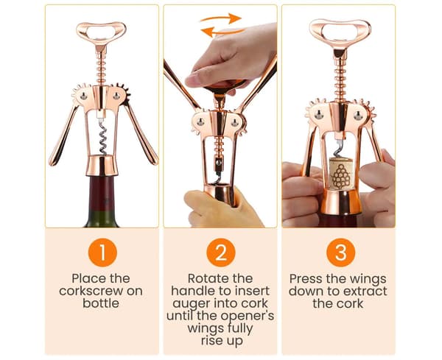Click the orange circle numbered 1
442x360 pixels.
pos(102,253)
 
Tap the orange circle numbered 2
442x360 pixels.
pos(221,253)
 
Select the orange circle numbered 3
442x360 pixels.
pos(340,253)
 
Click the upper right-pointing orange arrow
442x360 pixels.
pos(221,18)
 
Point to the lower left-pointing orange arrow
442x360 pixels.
pos(222,32)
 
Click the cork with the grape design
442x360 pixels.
pos(341,173)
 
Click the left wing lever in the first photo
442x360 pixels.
pos(63,134)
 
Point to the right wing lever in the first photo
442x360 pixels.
pos(141,133)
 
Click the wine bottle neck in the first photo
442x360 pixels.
pos(102,201)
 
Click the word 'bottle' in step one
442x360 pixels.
pos(101,303)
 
